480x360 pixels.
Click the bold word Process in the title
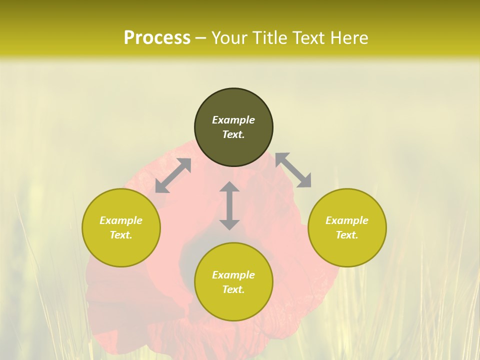point(157,37)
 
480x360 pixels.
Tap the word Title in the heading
point(268,37)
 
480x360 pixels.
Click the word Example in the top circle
point(233,120)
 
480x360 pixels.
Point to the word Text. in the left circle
point(121,235)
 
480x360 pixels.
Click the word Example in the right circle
point(347,220)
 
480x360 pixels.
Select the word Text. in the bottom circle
point(233,289)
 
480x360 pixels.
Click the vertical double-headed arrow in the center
point(229,205)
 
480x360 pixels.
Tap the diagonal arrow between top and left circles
point(173,175)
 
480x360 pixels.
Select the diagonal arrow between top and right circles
point(293,170)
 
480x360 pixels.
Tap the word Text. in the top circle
point(233,134)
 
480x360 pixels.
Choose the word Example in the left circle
point(121,220)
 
